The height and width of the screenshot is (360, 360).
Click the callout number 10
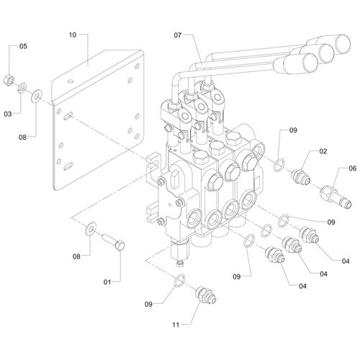click(73, 35)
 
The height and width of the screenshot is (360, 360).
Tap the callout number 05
click(23, 46)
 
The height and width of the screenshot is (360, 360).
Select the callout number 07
click(178, 35)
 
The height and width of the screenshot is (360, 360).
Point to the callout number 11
click(176, 325)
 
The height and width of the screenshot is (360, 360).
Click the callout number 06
click(353, 168)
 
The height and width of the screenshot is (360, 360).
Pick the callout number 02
click(323, 151)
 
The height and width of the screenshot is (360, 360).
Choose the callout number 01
click(107, 282)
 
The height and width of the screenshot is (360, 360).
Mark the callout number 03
click(8, 114)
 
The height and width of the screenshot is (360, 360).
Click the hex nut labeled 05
click(9, 80)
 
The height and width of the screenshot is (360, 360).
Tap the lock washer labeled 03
click(22, 88)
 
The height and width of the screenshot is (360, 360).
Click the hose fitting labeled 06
click(336, 197)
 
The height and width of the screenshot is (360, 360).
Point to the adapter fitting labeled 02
click(301, 177)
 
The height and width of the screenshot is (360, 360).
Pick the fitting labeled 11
click(206, 295)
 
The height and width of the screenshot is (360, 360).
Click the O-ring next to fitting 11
click(180, 280)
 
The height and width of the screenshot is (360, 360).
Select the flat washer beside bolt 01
click(91, 229)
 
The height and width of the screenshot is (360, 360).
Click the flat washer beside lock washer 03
click(37, 96)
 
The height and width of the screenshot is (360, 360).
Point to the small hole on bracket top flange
click(71, 81)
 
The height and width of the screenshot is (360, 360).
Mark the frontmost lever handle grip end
click(310, 63)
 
